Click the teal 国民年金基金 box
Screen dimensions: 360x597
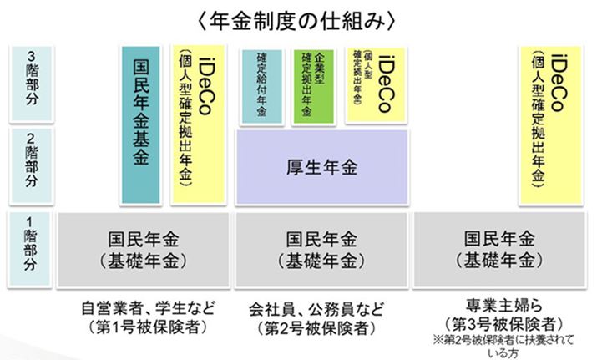coord(141,124)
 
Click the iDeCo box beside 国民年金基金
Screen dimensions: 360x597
coord(195,124)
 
